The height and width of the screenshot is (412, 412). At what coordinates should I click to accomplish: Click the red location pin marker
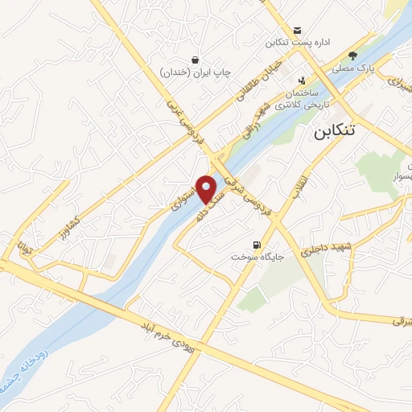(x=207, y=188)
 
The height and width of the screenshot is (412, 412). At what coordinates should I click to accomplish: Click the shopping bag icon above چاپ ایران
(x=196, y=59)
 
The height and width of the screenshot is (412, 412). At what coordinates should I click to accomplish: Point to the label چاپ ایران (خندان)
(x=196, y=72)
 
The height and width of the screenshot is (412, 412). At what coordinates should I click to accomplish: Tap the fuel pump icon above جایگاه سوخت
(x=257, y=244)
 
